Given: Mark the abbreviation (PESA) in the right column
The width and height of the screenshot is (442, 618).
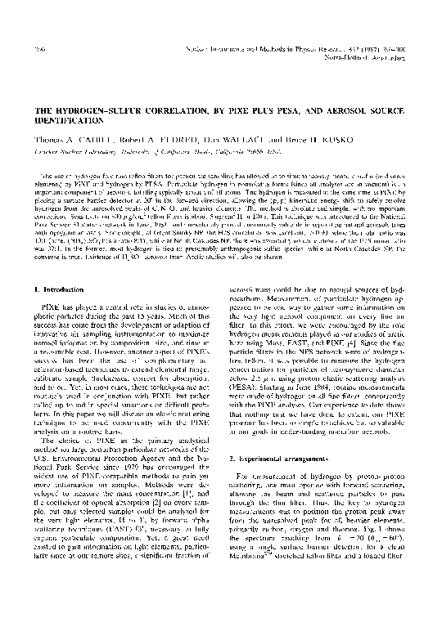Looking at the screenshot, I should pos(249,355).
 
